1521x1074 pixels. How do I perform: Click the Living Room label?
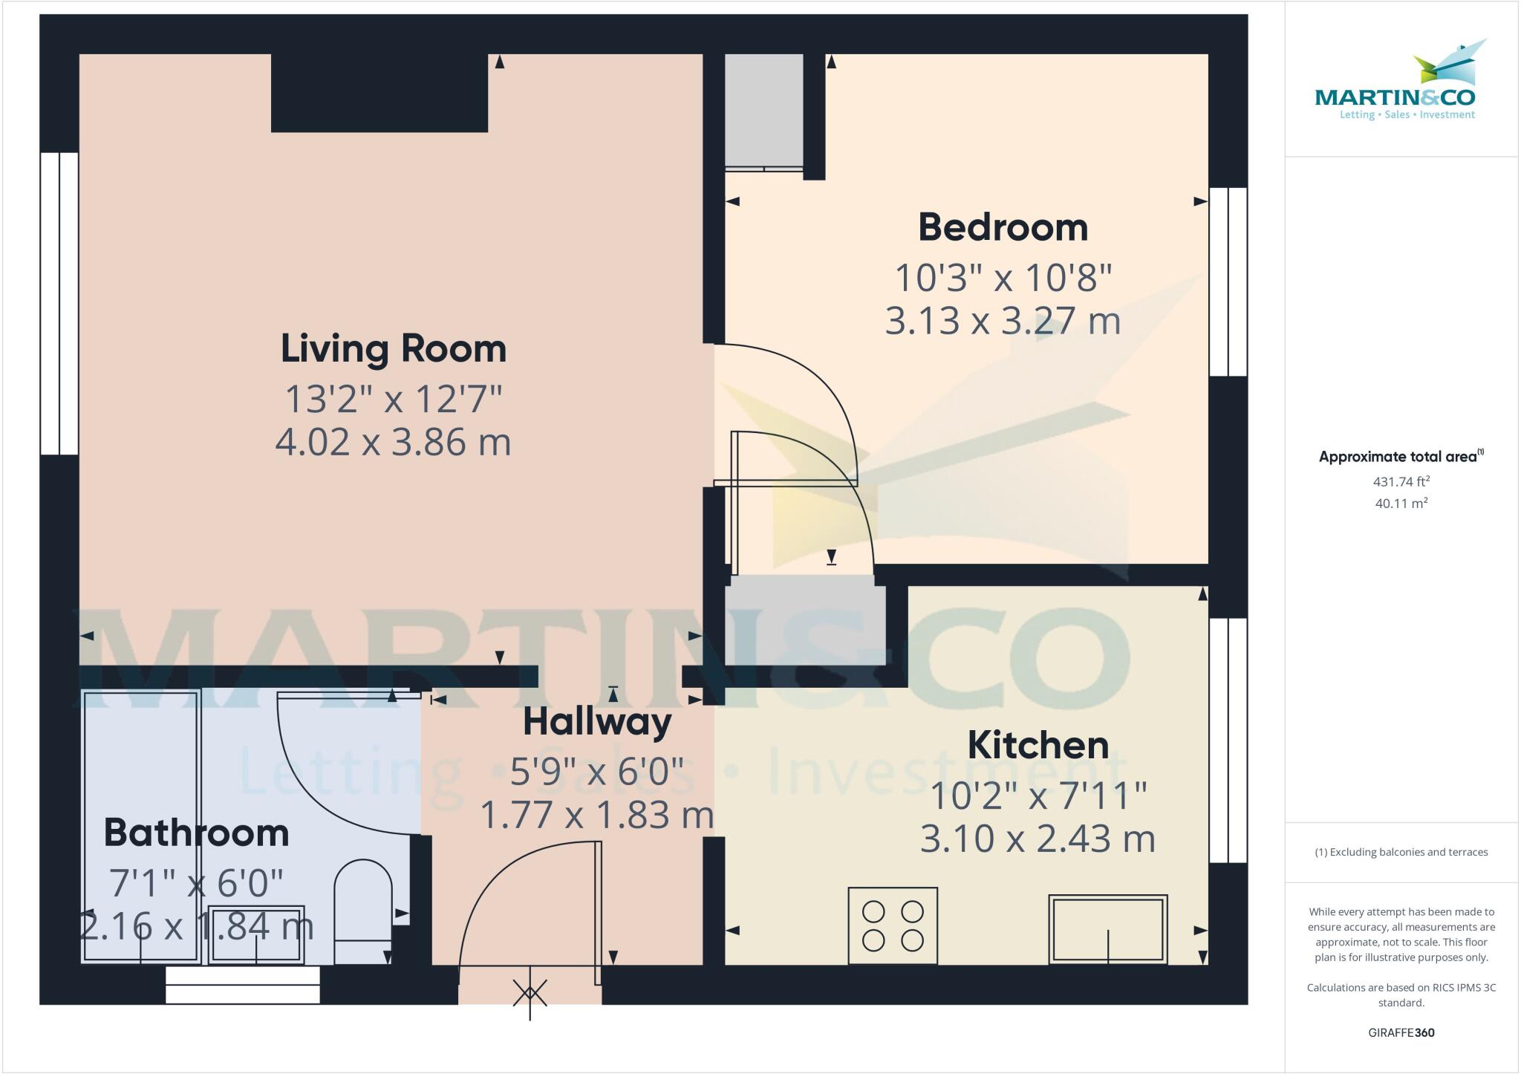pos(393,348)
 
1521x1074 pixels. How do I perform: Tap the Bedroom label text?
pos(1003,227)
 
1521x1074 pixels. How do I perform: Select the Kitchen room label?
pos(1038,745)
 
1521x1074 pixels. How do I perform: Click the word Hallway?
pos(597,722)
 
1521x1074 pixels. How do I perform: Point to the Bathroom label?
pos(196,833)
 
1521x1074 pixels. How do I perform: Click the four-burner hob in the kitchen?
pos(892,925)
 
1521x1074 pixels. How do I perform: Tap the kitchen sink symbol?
pos(1107,929)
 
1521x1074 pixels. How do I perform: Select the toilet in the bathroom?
pos(362,910)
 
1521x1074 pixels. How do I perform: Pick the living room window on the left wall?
pos(59,303)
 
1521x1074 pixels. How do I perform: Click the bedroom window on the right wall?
pos(1228,281)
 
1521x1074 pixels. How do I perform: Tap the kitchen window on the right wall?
pos(1228,740)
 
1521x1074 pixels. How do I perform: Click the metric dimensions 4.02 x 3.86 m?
pos(393,443)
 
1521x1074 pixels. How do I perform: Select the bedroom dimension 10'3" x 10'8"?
pos(1003,279)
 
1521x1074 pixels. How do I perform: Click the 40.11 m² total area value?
pos(1401,503)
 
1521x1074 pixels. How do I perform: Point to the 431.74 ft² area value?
pos(1401,481)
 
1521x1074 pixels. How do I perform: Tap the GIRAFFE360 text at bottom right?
pos(1401,1032)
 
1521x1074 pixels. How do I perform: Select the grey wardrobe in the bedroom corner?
pos(763,110)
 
